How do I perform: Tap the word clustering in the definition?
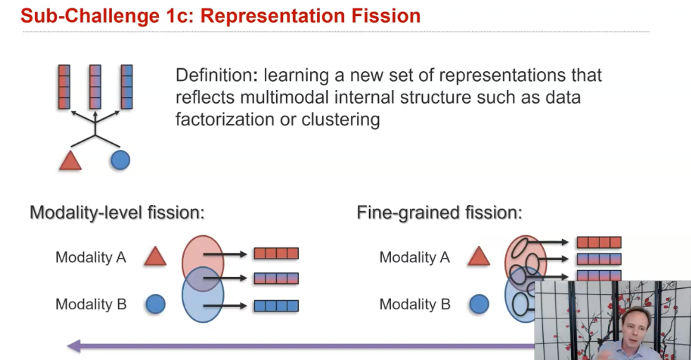340,119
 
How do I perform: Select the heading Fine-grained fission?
440,212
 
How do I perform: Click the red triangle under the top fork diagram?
70,161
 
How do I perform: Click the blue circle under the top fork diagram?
120,161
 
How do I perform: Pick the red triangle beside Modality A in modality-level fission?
155,257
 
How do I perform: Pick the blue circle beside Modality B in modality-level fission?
155,304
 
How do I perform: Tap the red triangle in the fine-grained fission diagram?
479,256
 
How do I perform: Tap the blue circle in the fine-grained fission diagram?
479,304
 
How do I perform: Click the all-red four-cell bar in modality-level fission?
276,254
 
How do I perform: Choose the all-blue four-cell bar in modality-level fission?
276,306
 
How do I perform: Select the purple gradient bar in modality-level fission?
276,278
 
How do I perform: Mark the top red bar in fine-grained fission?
599,242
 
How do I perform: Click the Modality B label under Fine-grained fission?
415,304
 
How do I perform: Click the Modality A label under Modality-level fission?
91,257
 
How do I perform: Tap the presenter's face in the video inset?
634,325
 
